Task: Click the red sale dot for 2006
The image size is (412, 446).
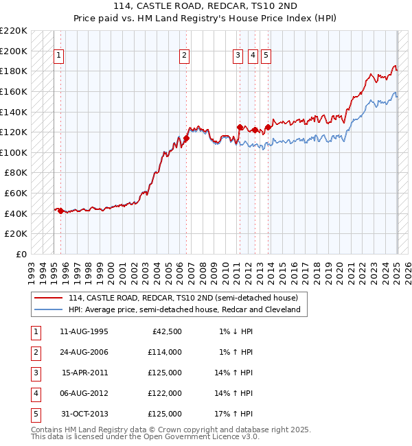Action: coord(186,139)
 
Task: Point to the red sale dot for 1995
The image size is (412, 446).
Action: coord(60,211)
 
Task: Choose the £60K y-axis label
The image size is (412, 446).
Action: coord(16,193)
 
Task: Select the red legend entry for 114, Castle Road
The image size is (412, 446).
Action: coord(183,298)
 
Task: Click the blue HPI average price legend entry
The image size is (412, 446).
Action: coord(184,309)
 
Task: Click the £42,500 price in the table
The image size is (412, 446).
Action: coord(165,331)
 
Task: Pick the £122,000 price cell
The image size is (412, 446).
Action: coord(165,394)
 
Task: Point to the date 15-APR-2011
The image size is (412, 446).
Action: coord(84,373)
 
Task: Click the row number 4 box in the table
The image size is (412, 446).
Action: coord(34,394)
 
